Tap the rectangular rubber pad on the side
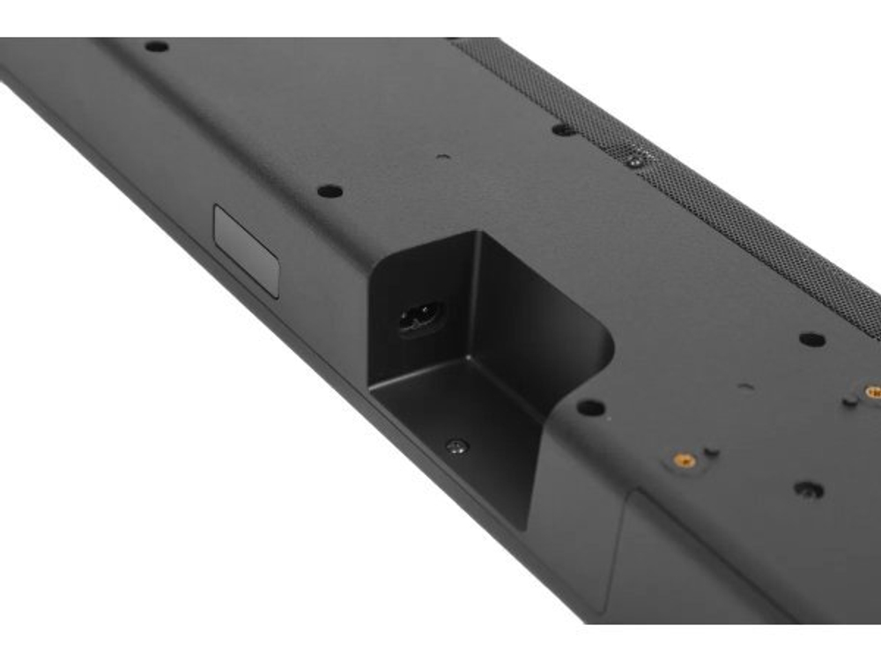point(247,250)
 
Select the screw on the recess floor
point(455,447)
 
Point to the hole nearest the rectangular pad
point(329,190)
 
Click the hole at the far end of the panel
point(156,46)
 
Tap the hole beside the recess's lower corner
point(591,407)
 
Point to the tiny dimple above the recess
point(442,158)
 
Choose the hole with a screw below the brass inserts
point(808,489)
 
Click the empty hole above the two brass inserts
point(811,339)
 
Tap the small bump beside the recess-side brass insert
point(712,452)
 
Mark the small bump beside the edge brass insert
point(849,401)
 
